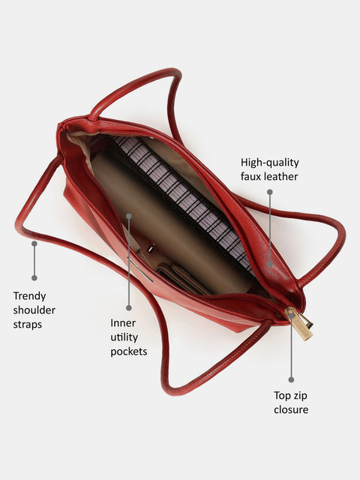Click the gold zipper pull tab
tap(300, 325)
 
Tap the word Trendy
tap(29, 296)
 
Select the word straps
tap(28, 325)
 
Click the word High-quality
tap(270, 163)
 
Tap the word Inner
tap(123, 323)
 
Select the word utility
tap(124, 337)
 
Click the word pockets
tap(128, 352)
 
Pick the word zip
tap(300, 396)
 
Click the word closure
tap(291, 409)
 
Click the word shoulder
tap(34, 310)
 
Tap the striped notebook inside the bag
tap(183, 203)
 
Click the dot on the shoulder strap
tap(34, 244)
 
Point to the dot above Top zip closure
tap(291, 379)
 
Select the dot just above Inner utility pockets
tap(129, 307)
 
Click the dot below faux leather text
tap(270, 192)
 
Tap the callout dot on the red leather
tap(270, 264)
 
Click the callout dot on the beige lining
tap(129, 216)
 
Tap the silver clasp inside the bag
tap(150, 249)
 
